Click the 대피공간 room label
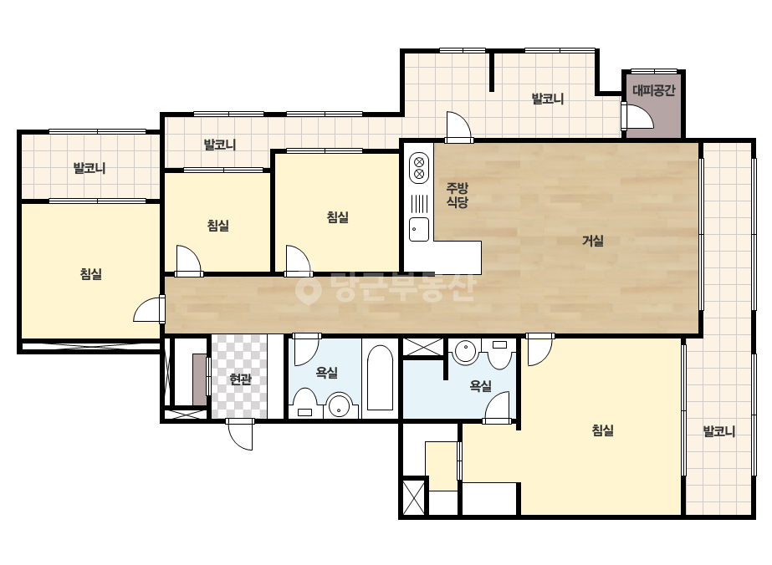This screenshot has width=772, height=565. pyautogui.click(x=653, y=90)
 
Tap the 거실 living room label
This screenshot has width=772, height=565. pyautogui.click(x=593, y=241)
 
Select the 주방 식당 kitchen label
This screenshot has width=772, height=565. pyautogui.click(x=458, y=195)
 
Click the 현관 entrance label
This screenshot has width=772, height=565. pyautogui.click(x=240, y=379)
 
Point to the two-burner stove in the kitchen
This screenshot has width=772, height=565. pyautogui.click(x=419, y=168)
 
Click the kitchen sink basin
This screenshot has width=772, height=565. pyautogui.click(x=419, y=229)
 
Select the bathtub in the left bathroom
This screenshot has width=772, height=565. pyautogui.click(x=380, y=378)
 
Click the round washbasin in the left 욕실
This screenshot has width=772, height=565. pyautogui.click(x=340, y=405)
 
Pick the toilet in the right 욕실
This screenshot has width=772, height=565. pyautogui.click(x=499, y=354)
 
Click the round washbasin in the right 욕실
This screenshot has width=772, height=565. pyautogui.click(x=465, y=351)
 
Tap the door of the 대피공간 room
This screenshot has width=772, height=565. pyautogui.click(x=638, y=115)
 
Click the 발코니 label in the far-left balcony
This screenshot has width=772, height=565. pyautogui.click(x=89, y=168)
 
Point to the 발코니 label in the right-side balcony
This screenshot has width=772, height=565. pyautogui.click(x=718, y=431)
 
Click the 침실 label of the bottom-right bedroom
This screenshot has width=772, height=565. pyautogui.click(x=603, y=430)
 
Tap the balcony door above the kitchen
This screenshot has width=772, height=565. pyautogui.click(x=459, y=127)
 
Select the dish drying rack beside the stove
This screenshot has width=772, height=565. pyautogui.click(x=419, y=203)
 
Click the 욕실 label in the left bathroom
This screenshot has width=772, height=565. pyautogui.click(x=327, y=373)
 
